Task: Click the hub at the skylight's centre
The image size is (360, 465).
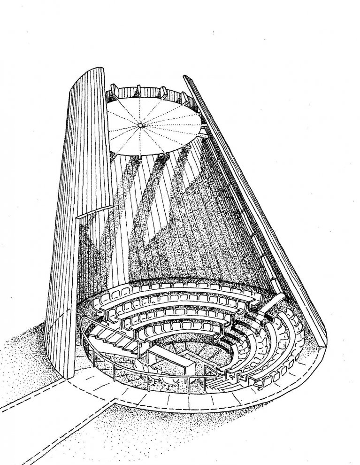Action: pyautogui.click(x=140, y=125)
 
